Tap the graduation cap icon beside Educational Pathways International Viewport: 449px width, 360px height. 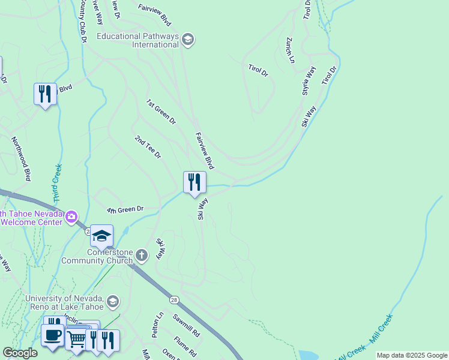point(188,40)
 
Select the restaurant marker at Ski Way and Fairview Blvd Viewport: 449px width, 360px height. point(194,182)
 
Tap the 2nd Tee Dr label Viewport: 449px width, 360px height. point(148,147)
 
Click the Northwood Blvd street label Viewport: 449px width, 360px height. point(21,158)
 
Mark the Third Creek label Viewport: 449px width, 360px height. point(57,182)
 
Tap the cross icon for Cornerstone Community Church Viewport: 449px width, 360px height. point(142,256)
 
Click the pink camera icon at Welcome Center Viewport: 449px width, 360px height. point(71,216)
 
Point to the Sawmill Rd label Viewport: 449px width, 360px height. point(186,325)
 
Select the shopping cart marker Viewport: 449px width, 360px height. point(76,339)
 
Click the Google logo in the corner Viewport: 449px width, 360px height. point(20,353)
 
